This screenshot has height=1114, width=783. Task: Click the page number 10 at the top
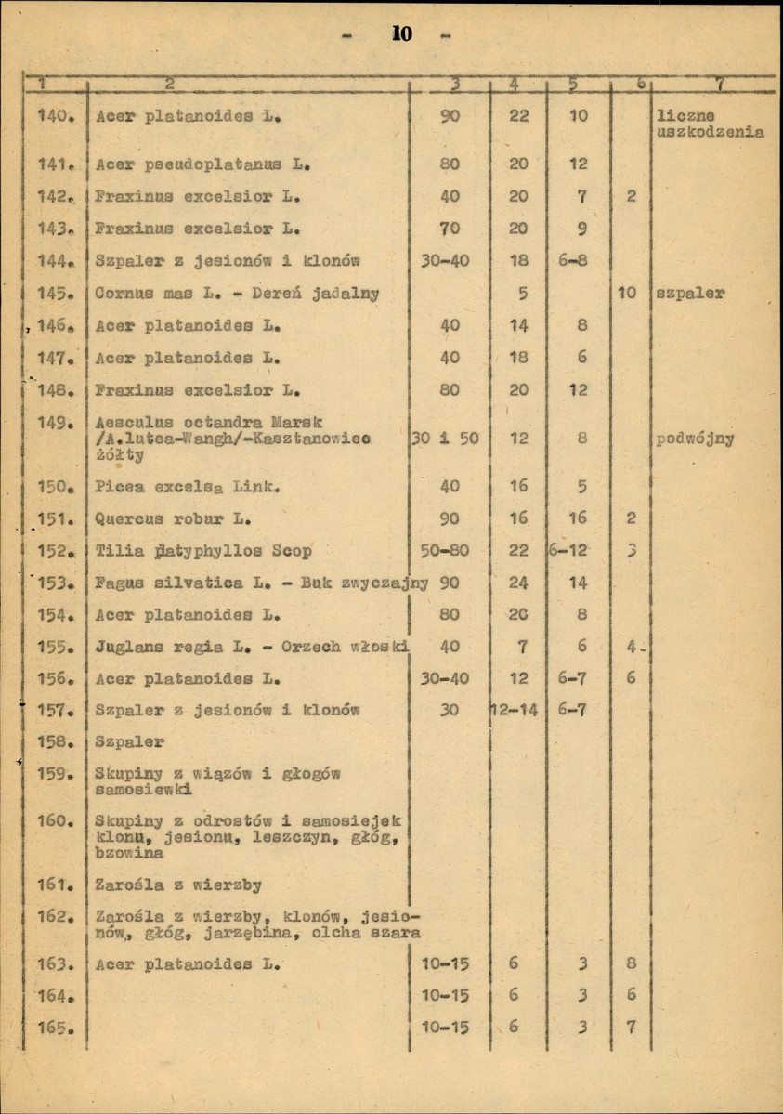(402, 35)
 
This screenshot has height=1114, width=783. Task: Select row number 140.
(54, 117)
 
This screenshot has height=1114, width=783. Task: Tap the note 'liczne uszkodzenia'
(710, 125)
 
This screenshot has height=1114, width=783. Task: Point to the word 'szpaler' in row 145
(691, 294)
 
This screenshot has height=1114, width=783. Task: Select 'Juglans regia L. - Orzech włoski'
(253, 646)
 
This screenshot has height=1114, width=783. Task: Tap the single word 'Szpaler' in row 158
(130, 742)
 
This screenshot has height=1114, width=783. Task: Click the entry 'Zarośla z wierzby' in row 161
(178, 885)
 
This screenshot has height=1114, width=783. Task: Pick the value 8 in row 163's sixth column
(631, 964)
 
